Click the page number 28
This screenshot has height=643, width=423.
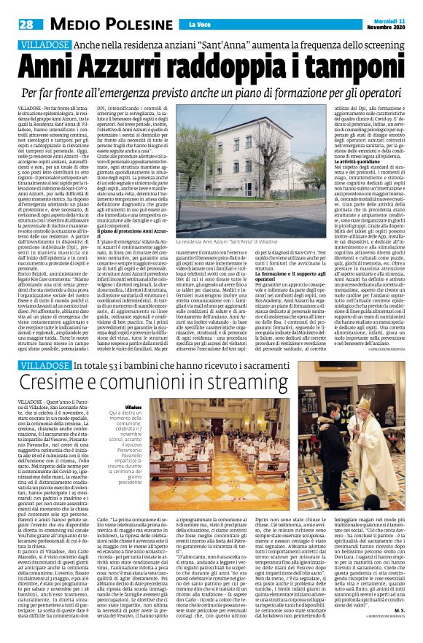coord(26,26)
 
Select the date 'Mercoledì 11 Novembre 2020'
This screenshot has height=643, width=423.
coord(382,24)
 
